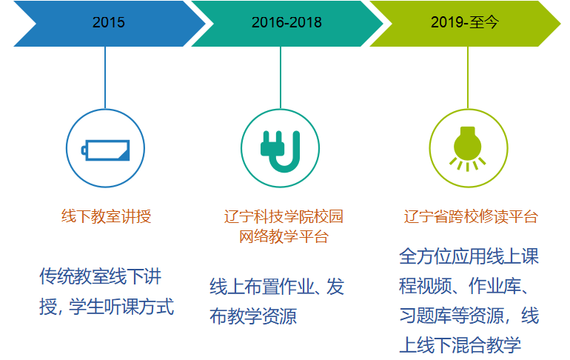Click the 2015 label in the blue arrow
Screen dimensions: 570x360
[x=108, y=22]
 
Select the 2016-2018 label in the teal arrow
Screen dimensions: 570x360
[x=286, y=22]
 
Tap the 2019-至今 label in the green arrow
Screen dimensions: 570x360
[x=465, y=22]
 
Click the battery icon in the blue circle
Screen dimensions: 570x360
[x=105, y=150]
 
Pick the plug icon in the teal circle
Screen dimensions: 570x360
[x=281, y=151]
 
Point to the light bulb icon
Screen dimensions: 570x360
[x=468, y=148]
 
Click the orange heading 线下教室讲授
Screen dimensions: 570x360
[x=106, y=216]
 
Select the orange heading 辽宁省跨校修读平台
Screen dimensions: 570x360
[x=471, y=217]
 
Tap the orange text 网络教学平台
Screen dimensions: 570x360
[x=284, y=237]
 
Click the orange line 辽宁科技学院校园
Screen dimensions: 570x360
[x=284, y=217]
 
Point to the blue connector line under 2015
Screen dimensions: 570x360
[x=105, y=78]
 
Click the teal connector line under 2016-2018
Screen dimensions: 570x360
[x=281, y=78]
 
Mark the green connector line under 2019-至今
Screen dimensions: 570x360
[x=468, y=78]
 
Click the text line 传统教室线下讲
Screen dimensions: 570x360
[x=101, y=277]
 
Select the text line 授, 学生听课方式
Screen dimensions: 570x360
[x=107, y=307]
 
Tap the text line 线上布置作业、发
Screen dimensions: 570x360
[x=277, y=287]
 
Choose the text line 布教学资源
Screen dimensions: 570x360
[x=253, y=316]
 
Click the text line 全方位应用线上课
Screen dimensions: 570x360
[x=469, y=256]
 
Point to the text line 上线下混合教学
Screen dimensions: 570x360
[x=460, y=344]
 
